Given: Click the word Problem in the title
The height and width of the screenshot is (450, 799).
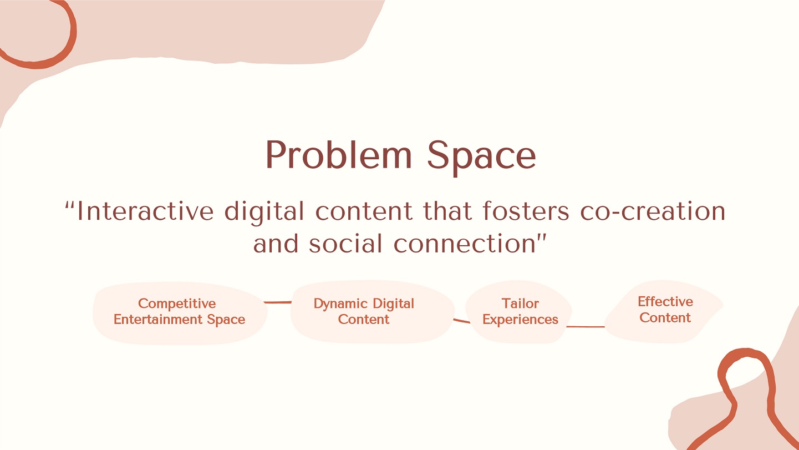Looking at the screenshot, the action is coord(338,154).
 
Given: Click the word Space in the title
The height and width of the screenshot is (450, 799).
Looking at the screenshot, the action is coord(481,158).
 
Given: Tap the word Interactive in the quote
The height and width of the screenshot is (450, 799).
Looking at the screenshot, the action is coord(145,211).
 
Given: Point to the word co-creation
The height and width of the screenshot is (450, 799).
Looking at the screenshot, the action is coord(653,211).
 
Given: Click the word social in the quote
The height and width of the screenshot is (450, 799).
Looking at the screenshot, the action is coord(345,244).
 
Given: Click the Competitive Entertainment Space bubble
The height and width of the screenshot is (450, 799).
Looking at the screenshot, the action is coord(180,313).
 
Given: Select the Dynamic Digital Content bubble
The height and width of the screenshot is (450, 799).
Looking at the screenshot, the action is coord(372,311).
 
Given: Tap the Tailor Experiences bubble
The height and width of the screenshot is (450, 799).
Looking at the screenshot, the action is coord(520,311).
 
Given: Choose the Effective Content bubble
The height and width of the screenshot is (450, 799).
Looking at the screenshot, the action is coord(664,311).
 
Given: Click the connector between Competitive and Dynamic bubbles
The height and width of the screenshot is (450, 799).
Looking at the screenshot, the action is coord(278,302).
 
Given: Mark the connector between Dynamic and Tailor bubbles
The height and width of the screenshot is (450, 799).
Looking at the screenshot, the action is coord(461,321).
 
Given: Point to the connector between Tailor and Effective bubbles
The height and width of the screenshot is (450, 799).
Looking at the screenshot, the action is coord(586,326).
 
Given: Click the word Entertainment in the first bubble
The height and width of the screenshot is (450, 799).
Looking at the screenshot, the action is coord(159,319).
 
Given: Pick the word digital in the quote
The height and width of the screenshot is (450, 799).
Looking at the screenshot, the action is coord(264,213).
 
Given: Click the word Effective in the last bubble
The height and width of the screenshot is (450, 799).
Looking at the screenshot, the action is coord(665,301).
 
